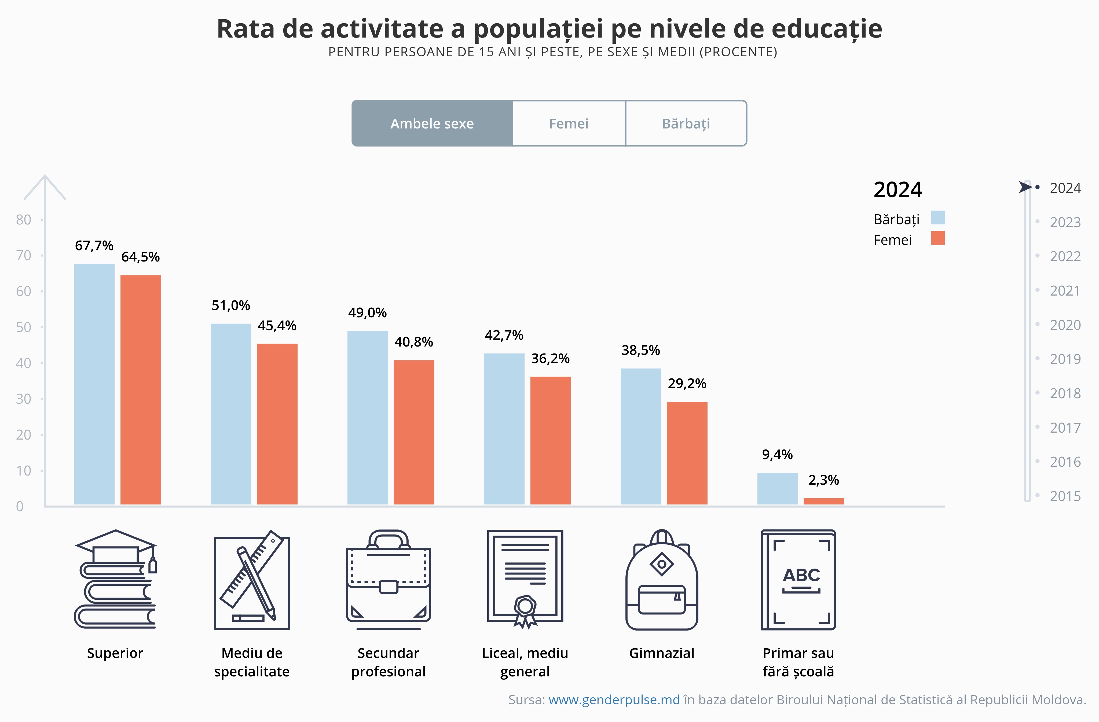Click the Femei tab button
(x=569, y=124)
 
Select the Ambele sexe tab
(x=432, y=124)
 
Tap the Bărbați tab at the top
(x=686, y=124)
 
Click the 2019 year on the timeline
(x=1065, y=359)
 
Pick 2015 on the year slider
(x=1065, y=496)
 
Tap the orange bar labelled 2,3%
(x=823, y=501)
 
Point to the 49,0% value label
(x=367, y=313)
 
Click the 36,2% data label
(x=550, y=359)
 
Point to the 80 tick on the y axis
(x=24, y=220)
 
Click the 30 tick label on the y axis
(x=24, y=399)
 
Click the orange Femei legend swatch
(x=937, y=238)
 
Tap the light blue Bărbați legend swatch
(x=937, y=218)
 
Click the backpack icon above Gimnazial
(x=662, y=580)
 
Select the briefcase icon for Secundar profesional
(x=388, y=580)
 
